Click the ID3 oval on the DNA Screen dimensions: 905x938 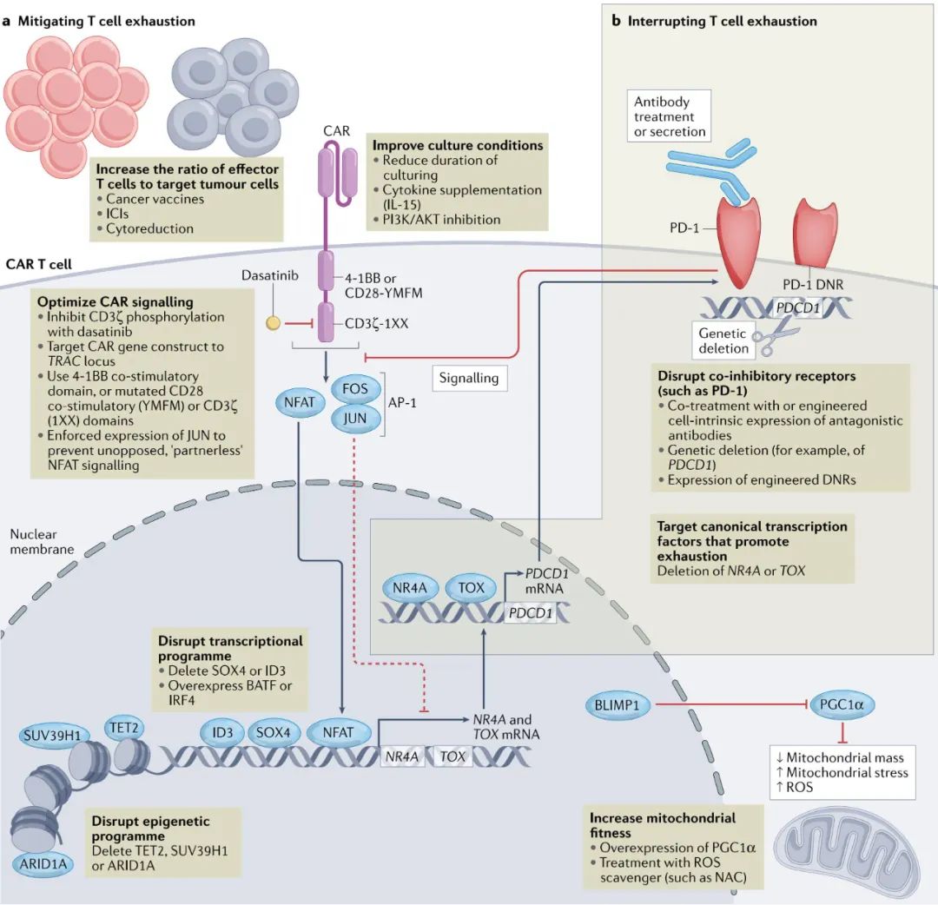click(x=221, y=732)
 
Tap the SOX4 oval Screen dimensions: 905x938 click(x=276, y=732)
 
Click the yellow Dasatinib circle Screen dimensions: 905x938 click(x=273, y=324)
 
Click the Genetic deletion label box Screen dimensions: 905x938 click(x=723, y=340)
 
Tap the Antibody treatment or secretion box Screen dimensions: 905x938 click(x=664, y=116)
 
